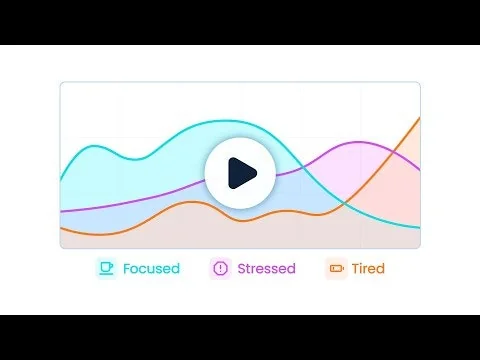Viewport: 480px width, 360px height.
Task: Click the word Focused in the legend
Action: (x=151, y=268)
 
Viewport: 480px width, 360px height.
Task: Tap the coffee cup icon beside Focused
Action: (x=106, y=268)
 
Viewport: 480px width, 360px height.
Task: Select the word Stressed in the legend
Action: (x=266, y=268)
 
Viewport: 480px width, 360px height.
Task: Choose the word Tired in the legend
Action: (x=368, y=268)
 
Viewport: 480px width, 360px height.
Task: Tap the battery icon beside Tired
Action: (x=336, y=268)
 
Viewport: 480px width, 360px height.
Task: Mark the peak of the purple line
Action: (x=358, y=141)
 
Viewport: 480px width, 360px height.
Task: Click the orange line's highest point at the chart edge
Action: (x=419, y=118)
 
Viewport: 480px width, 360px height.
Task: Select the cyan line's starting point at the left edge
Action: (x=61, y=180)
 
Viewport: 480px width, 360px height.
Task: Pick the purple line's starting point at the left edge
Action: (x=61, y=211)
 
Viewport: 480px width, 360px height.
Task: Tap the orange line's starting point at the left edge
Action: (x=61, y=228)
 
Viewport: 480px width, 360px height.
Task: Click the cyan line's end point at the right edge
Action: (x=419, y=227)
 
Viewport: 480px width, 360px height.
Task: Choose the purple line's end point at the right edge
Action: (x=419, y=170)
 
